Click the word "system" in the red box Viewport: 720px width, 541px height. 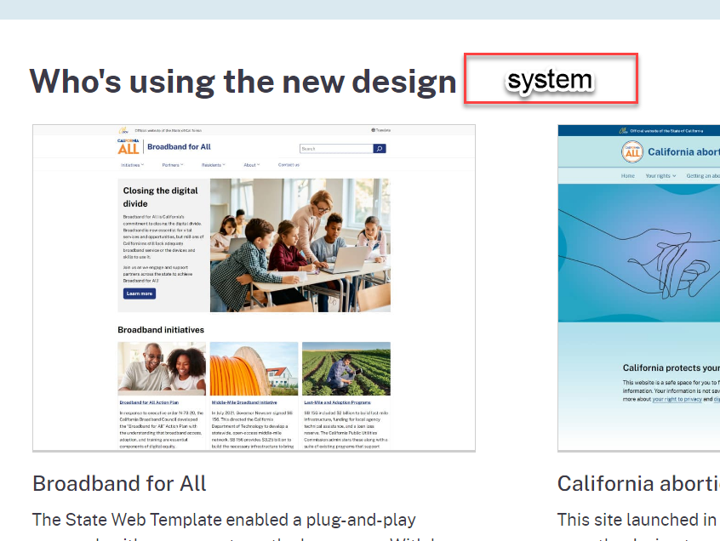550,80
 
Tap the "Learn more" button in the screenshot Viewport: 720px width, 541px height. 139,293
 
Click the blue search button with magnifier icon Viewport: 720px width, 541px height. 380,149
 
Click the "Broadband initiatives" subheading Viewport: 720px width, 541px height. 161,329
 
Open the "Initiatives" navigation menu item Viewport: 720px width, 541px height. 132,165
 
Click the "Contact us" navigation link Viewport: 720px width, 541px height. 289,165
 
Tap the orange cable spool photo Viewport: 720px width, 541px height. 254,368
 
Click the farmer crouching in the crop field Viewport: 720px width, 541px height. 342,372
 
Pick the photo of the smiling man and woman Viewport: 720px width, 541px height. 162,368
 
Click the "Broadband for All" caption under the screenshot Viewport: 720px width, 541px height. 119,483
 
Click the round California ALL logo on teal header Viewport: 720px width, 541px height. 632,153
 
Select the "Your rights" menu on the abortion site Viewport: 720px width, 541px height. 660,176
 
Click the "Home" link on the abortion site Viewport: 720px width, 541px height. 628,176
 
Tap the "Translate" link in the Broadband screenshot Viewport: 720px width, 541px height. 380,130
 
